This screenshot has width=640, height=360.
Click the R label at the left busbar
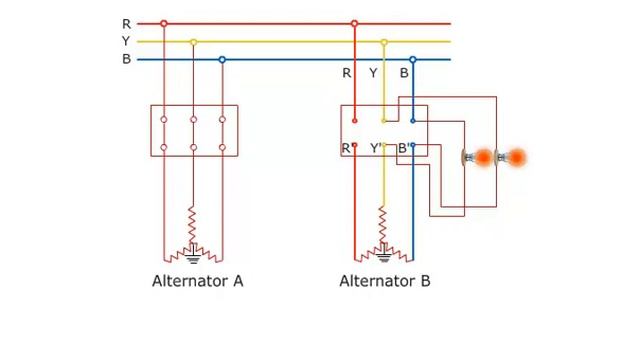click(126, 23)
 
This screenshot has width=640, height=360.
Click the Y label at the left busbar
click(126, 41)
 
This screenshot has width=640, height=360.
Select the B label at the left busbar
click(126, 59)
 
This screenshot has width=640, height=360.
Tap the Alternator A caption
click(197, 281)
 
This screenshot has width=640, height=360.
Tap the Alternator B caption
click(385, 281)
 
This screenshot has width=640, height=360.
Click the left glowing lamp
click(481, 158)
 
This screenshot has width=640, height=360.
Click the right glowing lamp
click(515, 158)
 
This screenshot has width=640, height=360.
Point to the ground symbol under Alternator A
click(194, 258)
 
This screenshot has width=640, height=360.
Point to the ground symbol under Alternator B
click(382, 258)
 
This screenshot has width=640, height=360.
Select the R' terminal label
click(346, 149)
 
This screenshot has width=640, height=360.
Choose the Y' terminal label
click(376, 149)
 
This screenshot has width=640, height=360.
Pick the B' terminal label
click(403, 149)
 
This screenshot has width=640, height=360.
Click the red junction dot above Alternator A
click(164, 23)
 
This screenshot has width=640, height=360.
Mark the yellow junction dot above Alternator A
click(193, 41)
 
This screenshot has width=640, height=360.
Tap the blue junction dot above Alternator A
click(222, 59)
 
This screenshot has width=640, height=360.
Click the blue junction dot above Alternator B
click(412, 59)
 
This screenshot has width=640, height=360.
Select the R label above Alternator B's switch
click(346, 73)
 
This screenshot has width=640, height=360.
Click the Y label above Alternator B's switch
click(374, 73)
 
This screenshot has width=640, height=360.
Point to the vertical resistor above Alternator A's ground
click(193, 222)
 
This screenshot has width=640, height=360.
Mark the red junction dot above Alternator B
click(354, 23)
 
